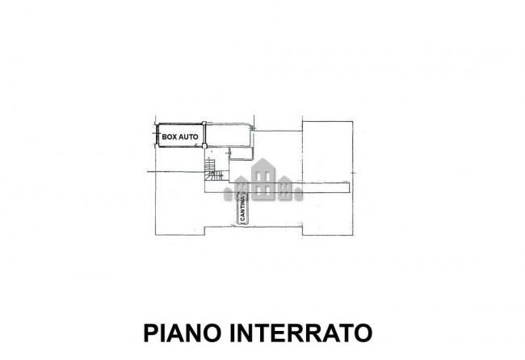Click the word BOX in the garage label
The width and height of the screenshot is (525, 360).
click(169, 137)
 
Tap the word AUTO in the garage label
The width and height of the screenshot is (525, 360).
click(189, 137)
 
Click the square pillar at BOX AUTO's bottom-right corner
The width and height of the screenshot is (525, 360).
click(204, 147)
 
